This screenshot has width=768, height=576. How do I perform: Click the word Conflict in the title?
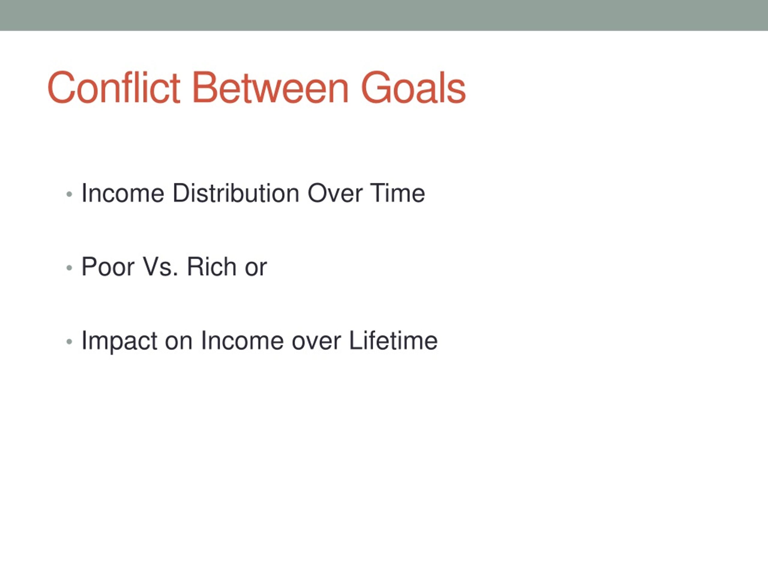click(x=113, y=88)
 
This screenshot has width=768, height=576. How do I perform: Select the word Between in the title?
click(x=270, y=88)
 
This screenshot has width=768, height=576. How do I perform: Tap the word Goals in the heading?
click(x=413, y=88)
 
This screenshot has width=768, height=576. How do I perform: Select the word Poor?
click(x=108, y=267)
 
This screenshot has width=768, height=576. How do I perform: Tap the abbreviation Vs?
click(x=160, y=267)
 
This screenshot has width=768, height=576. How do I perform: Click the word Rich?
click(x=212, y=267)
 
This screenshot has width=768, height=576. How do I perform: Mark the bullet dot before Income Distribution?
click(x=69, y=194)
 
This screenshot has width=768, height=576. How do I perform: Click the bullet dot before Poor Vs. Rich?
click(x=69, y=268)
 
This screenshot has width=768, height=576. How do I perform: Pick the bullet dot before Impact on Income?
click(x=69, y=342)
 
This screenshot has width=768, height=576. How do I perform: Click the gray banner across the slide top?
click(x=384, y=15)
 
